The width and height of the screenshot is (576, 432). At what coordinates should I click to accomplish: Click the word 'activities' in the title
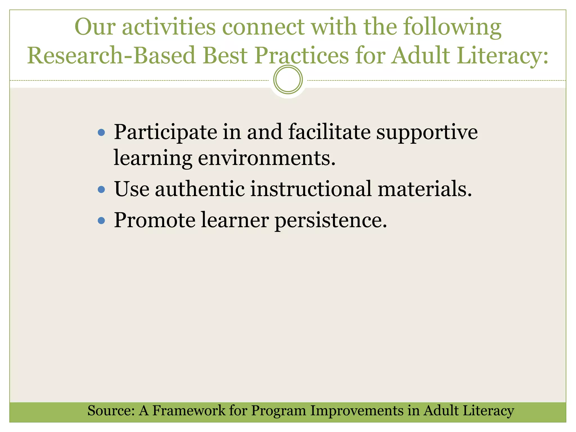coord(169,27)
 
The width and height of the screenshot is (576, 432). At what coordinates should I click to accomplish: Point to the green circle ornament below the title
coord(288,79)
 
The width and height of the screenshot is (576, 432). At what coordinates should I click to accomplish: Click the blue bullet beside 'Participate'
coord(101,132)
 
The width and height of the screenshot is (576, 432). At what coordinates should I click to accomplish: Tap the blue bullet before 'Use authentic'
coord(101,189)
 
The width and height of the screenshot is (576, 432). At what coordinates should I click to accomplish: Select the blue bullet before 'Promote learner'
coord(101,220)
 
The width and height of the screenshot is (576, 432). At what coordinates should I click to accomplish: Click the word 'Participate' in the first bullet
coord(165,132)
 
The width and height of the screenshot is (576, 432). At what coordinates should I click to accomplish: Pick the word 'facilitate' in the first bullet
coord(329,132)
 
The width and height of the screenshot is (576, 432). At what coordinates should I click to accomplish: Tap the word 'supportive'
coord(427,132)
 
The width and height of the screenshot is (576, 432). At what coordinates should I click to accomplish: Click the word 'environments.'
coord(267,158)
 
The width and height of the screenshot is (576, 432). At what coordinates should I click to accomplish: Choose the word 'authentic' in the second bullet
coord(200,189)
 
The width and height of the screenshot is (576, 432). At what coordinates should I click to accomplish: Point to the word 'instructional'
coord(311,189)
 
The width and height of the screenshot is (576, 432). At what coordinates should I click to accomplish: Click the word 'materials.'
coord(425,189)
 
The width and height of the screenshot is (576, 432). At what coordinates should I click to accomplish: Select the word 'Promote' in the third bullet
coord(155,220)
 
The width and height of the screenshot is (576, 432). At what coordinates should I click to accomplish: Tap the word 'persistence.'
coord(331,220)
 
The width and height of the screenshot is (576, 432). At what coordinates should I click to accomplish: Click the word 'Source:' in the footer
coord(111,411)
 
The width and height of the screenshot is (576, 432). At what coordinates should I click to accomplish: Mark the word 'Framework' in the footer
coord(188,411)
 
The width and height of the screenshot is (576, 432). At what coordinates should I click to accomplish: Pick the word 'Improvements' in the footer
coord(357,411)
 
